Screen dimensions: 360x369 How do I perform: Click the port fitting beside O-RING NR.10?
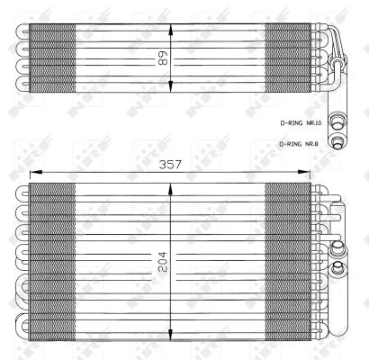[x=339, y=121]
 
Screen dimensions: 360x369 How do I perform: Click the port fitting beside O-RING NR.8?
[x=339, y=140]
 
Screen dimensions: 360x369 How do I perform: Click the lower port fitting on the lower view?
[x=337, y=267]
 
